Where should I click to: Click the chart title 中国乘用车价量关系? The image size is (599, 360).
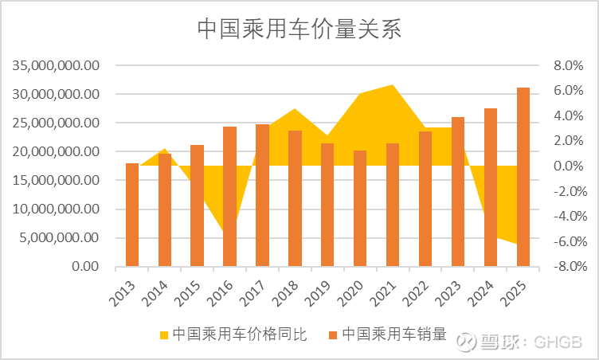click(x=299, y=29)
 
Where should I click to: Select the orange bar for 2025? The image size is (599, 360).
click(x=523, y=177)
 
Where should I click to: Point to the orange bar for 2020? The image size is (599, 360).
click(x=360, y=209)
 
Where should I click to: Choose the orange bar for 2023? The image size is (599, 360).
click(x=458, y=191)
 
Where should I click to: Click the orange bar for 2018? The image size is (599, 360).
click(x=295, y=198)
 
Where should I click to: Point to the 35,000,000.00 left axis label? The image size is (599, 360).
click(x=57, y=65)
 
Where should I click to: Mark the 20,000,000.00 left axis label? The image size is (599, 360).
click(x=57, y=151)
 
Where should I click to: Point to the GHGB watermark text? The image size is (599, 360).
click(x=563, y=342)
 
